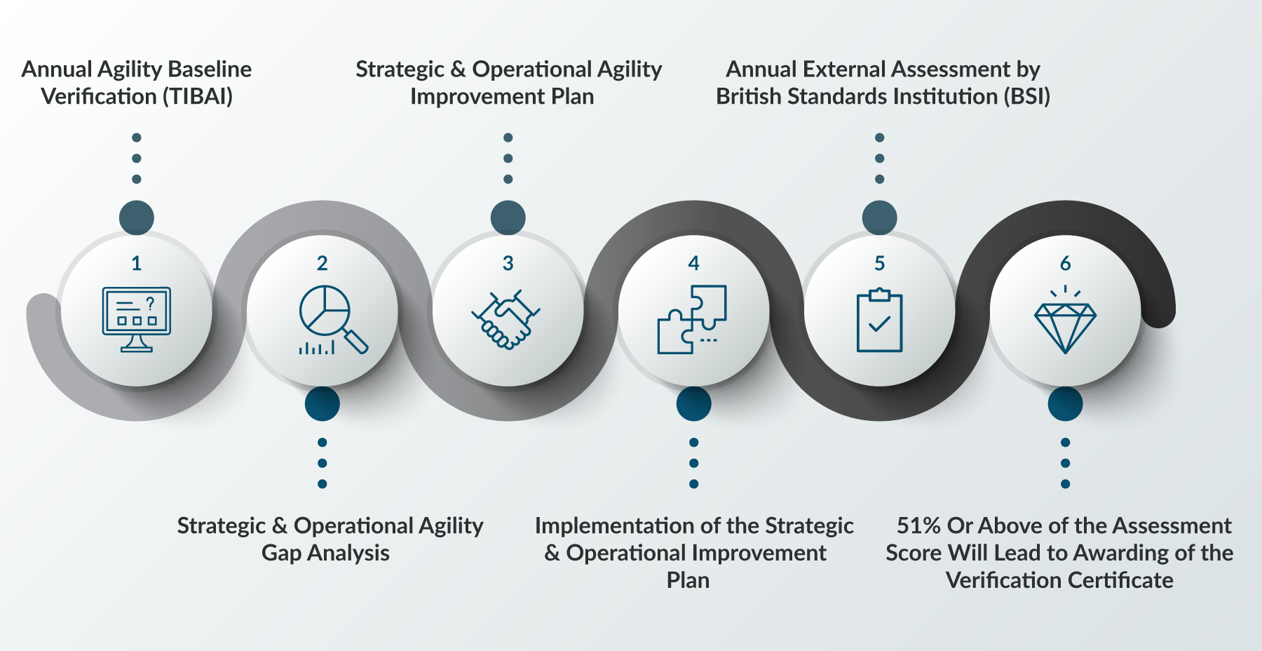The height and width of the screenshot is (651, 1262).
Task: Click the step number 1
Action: tap(137, 264)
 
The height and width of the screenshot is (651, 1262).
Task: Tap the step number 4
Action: tap(693, 264)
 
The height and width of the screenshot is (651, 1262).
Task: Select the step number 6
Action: tap(1065, 264)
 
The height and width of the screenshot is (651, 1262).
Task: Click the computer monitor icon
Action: tap(137, 319)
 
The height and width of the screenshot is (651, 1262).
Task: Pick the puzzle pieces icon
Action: tap(692, 319)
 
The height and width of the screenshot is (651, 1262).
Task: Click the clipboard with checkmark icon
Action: tap(879, 320)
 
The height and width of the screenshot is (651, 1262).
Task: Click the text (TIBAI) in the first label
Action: tap(198, 97)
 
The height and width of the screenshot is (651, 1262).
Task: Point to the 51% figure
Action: tap(918, 525)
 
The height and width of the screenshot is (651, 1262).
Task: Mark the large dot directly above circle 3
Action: tap(508, 217)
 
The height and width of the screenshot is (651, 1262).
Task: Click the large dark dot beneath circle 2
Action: tap(323, 403)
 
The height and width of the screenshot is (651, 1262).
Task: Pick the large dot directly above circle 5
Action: tap(879, 217)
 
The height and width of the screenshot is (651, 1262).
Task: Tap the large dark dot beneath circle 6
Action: tap(1065, 403)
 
